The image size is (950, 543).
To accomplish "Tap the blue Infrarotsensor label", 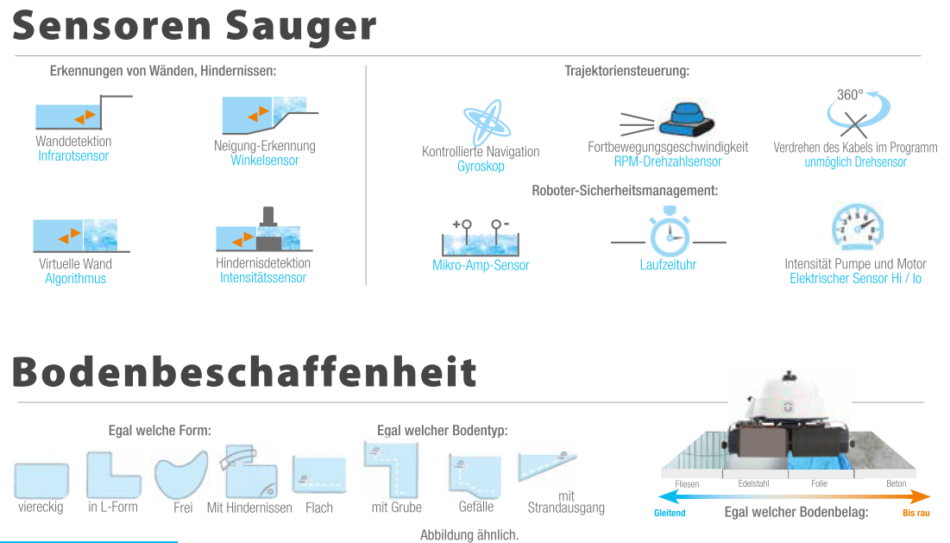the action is pyautogui.click(x=73, y=156).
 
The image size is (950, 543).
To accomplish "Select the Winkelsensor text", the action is pyautogui.click(x=265, y=161).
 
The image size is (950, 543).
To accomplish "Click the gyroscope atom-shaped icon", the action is pyautogui.click(x=487, y=122).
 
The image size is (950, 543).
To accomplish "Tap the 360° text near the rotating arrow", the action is pyautogui.click(x=849, y=95).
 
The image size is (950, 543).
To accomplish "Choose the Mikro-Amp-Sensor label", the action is pyautogui.click(x=481, y=265).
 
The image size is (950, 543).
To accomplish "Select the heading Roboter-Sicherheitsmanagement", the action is pyautogui.click(x=625, y=191).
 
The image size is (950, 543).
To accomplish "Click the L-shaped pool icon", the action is pyautogui.click(x=113, y=475).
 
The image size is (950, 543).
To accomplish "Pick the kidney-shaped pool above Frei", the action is pyautogui.click(x=181, y=475).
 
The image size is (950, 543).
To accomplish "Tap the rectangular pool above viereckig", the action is pyautogui.click(x=41, y=481).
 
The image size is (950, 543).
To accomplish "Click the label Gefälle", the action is pyautogui.click(x=476, y=507).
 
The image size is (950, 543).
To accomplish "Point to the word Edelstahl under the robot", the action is pyautogui.click(x=753, y=483).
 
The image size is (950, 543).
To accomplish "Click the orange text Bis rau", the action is pyautogui.click(x=916, y=513).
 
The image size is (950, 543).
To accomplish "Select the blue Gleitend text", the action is pyautogui.click(x=670, y=513).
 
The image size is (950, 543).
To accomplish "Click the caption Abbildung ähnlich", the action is pyautogui.click(x=469, y=535).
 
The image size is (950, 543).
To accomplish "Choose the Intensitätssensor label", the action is pyautogui.click(x=263, y=278).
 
